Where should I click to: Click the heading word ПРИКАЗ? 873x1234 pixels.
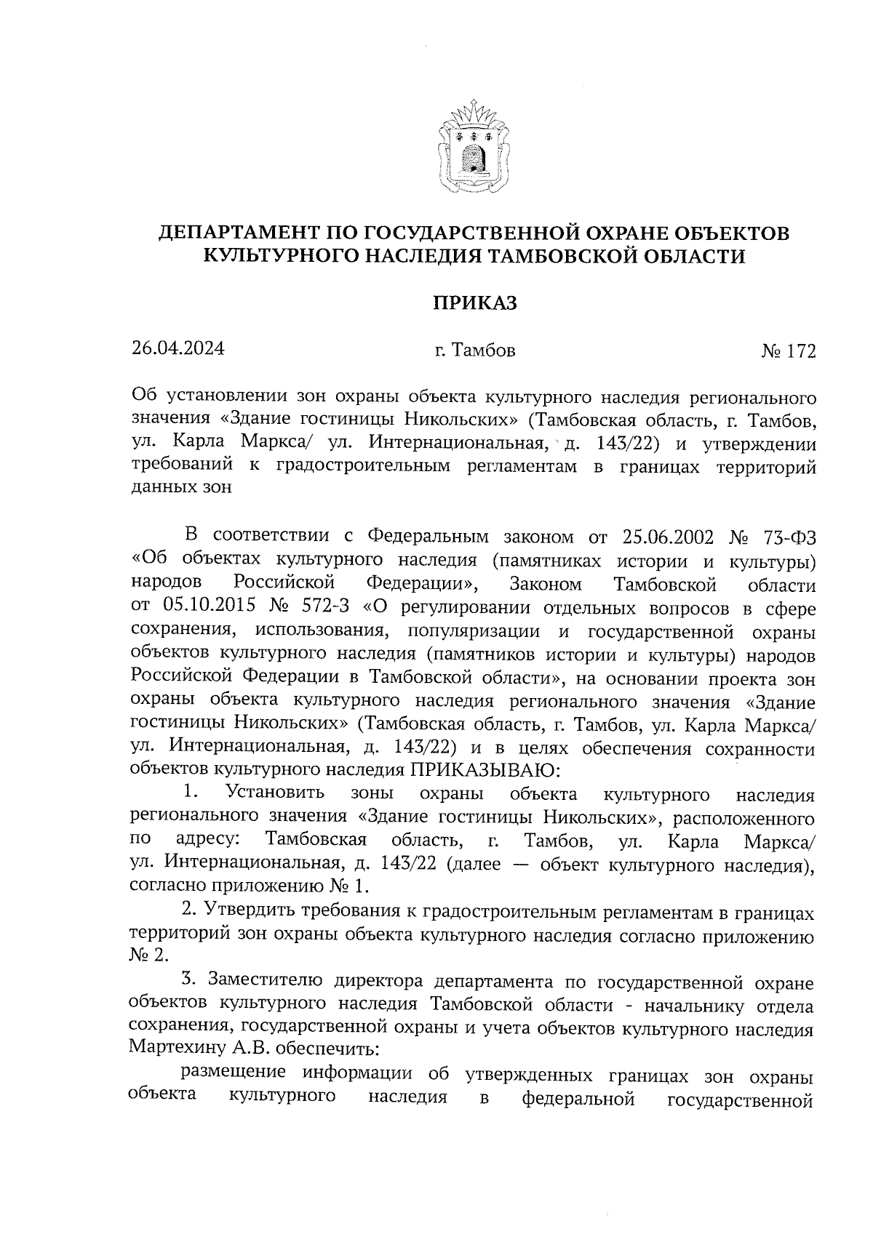coord(474,303)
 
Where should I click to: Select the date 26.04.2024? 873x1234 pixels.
coord(178,348)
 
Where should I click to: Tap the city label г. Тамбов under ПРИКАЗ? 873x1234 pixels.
coord(474,351)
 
